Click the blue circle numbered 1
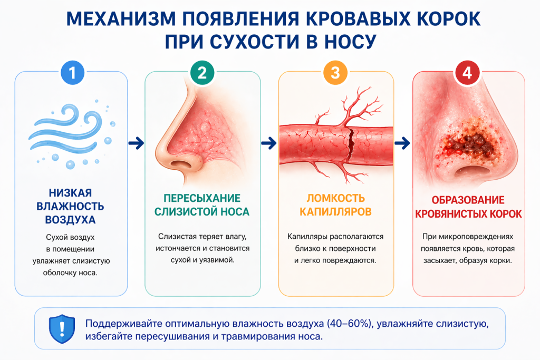pos(72,73)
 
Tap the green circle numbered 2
pos(202,73)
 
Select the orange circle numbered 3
pos(335,73)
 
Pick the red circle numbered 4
pos(467,73)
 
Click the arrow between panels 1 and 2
pos(136,143)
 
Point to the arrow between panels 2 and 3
pos(269,143)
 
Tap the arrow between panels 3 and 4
pos(402,143)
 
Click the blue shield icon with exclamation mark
pos(62,329)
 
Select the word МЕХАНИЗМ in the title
pos(121,18)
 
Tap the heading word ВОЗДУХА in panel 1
pos(70,220)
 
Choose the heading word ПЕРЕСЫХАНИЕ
pos(202,198)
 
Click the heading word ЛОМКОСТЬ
pos(336,198)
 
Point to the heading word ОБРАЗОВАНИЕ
pos(468,200)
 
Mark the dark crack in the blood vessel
pos(351,145)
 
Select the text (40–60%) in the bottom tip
pos(349,324)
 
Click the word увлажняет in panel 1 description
pos(51,261)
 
